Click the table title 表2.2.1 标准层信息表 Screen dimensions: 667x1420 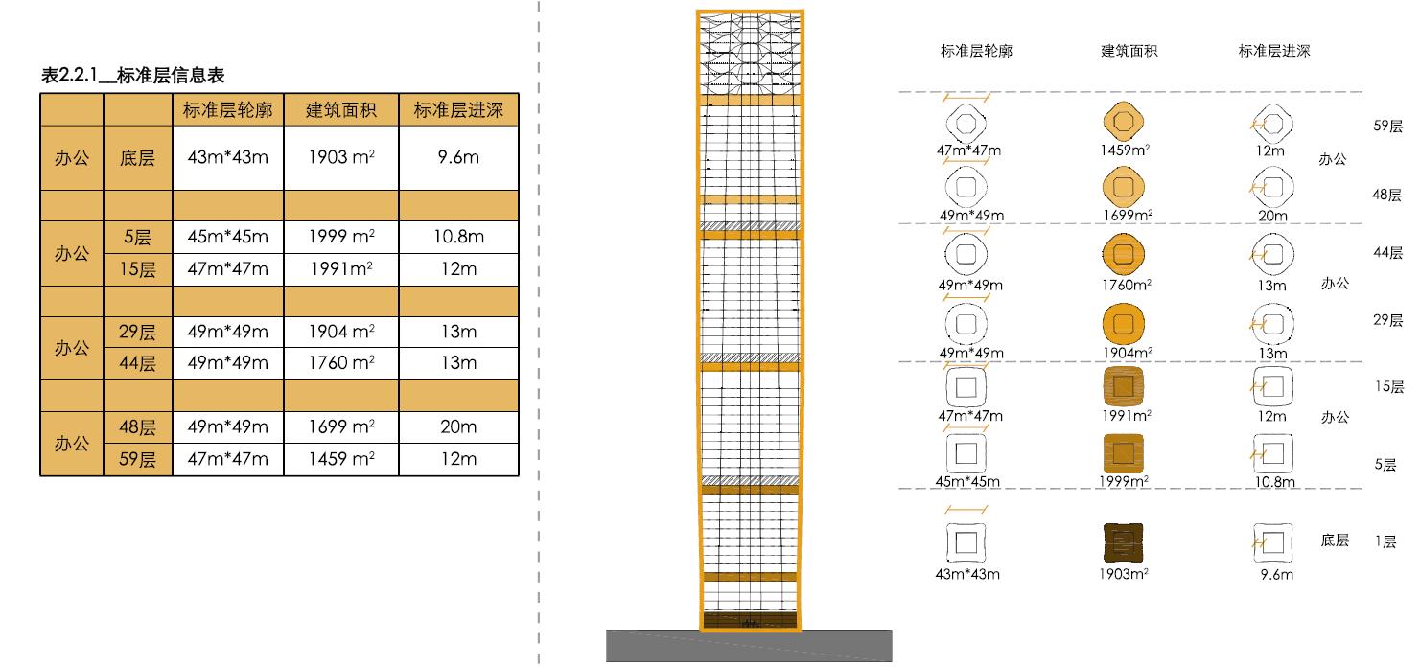[x=133, y=76]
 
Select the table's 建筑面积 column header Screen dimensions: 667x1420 [x=340, y=110]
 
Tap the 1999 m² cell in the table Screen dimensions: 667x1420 [x=340, y=237]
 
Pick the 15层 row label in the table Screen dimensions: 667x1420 [x=138, y=269]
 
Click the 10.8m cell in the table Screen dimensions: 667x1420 [x=458, y=237]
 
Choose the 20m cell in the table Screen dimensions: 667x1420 [x=458, y=426]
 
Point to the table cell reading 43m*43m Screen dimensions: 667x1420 [x=228, y=157]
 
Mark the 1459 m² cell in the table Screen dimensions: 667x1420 [x=340, y=459]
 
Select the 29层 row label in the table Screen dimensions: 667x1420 [x=138, y=333]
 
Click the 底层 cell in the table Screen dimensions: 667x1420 [x=138, y=157]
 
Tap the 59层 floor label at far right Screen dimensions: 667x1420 [x=1387, y=126]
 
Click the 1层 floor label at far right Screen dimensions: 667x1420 [x=1385, y=541]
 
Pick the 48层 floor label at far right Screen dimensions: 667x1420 [x=1387, y=195]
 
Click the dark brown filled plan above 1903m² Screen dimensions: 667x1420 [x=1124, y=542]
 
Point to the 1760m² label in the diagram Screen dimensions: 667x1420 [x=1126, y=285]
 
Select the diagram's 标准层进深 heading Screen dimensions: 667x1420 [x=1273, y=52]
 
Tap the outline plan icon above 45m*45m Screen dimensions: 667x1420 [x=966, y=451]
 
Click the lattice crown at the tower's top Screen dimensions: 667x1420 [x=750, y=53]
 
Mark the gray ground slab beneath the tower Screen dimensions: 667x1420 [x=749, y=647]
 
